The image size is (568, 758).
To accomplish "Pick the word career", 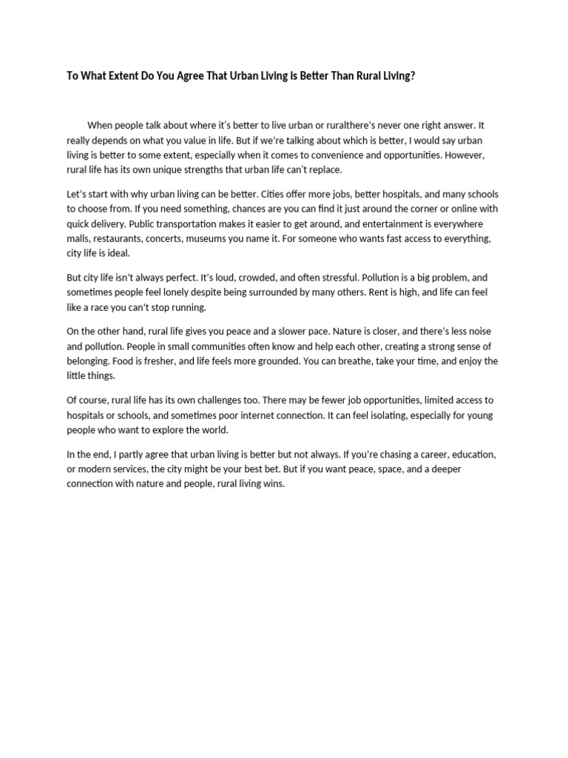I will [x=420, y=455].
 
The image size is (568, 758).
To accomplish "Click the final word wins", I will [x=273, y=484].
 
